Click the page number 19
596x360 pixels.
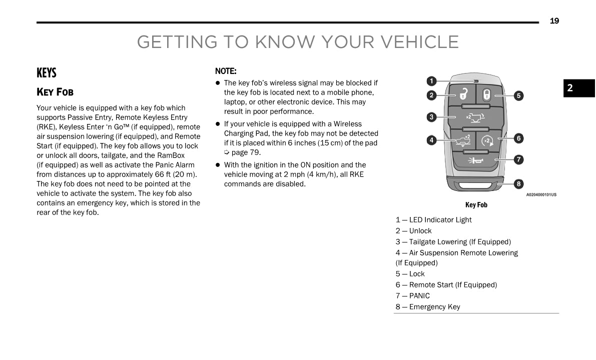click(554, 21)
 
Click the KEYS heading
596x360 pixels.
click(47, 73)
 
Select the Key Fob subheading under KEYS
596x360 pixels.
click(55, 92)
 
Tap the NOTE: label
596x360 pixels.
click(226, 71)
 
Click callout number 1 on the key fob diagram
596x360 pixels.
click(431, 81)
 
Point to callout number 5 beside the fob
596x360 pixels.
click(519, 95)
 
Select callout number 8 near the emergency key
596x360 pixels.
click(519, 184)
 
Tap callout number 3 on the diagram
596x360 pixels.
click(431, 117)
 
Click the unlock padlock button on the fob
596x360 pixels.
click(463, 94)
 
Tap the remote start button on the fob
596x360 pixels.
click(487, 140)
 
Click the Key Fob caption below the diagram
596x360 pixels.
click(476, 205)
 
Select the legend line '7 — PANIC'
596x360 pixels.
click(412, 296)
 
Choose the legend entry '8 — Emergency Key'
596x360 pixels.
click(427, 307)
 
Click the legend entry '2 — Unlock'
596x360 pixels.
click(413, 231)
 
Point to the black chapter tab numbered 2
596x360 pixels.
click(579, 88)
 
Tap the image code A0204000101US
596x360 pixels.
click(541, 195)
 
